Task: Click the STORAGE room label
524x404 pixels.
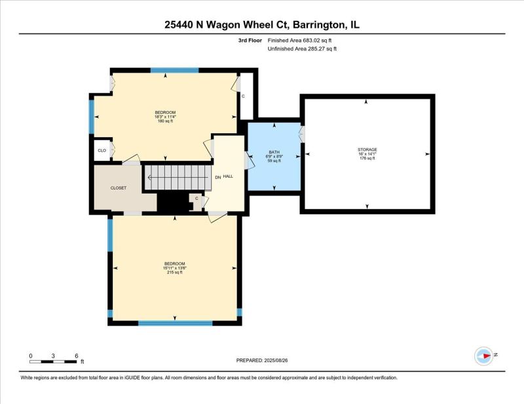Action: point(367,150)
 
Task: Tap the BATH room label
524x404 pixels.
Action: point(274,152)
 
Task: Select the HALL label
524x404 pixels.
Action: point(228,177)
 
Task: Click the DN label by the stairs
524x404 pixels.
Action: point(218,177)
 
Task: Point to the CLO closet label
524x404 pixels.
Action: point(102,150)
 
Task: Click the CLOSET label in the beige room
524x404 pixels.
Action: point(119,188)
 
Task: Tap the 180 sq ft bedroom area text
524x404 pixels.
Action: point(165,121)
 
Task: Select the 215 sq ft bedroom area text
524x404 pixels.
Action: point(174,272)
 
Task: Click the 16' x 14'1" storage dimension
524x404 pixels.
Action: point(367,154)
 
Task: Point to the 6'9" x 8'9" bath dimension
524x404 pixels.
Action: point(274,156)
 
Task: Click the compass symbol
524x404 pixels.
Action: point(483,356)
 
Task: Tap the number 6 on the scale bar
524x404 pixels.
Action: point(77,356)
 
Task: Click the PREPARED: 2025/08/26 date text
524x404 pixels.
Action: point(262,360)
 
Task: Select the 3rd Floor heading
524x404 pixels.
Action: point(250,41)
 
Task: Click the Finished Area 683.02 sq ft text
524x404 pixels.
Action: point(300,41)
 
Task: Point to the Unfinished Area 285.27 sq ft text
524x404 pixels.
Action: point(302,49)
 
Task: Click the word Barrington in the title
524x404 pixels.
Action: point(318,25)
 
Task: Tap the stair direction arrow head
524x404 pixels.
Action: point(149,177)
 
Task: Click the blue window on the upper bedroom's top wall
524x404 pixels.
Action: point(174,71)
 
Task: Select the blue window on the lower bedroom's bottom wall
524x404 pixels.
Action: point(176,323)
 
